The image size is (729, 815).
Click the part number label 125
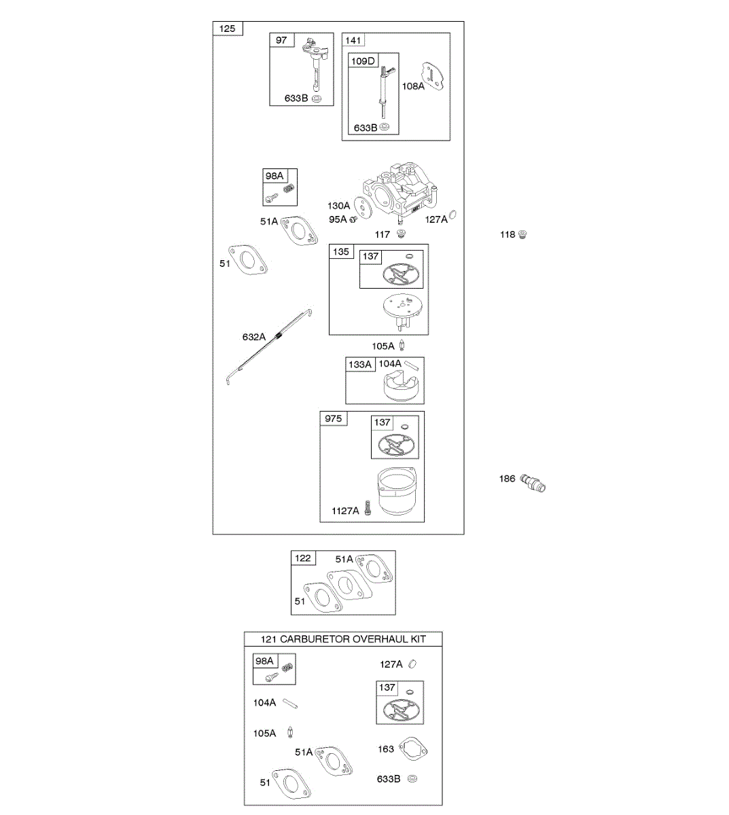point(228,29)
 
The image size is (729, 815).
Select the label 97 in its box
point(281,40)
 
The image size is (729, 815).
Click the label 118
point(508,235)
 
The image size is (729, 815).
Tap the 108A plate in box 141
point(433,77)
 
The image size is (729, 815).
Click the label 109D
point(363,61)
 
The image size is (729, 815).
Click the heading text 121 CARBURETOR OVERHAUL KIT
point(343,639)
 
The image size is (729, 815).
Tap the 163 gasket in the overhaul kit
point(412,750)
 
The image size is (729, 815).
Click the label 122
point(303,558)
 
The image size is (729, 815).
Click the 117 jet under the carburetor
point(401,234)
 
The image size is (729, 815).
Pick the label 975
point(334,418)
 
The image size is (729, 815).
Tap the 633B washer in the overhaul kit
point(412,779)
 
